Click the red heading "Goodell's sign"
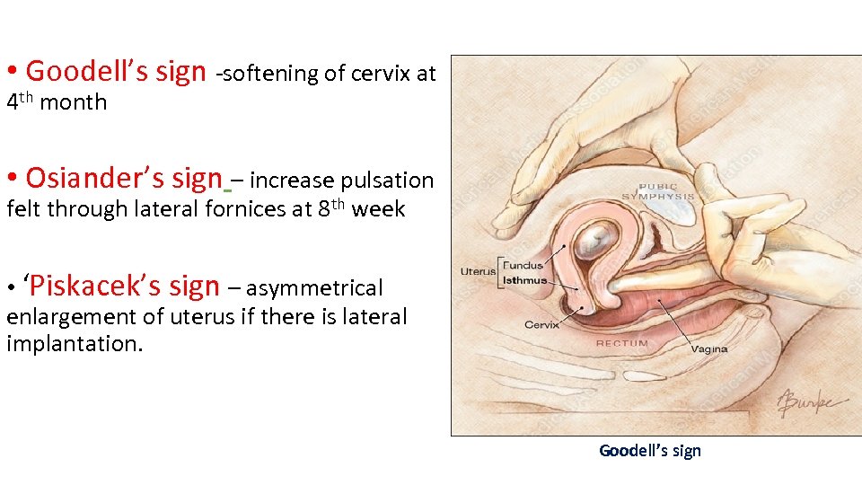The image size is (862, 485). click(x=116, y=72)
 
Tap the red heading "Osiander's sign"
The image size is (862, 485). click(x=123, y=179)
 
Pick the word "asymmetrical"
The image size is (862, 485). click(x=314, y=289)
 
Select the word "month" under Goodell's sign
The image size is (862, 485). click(x=74, y=103)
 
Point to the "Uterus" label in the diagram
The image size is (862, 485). click(x=478, y=271)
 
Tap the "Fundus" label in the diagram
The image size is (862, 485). click(x=525, y=265)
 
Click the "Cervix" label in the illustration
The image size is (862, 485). click(x=541, y=324)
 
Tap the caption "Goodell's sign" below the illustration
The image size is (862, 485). click(x=649, y=451)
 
